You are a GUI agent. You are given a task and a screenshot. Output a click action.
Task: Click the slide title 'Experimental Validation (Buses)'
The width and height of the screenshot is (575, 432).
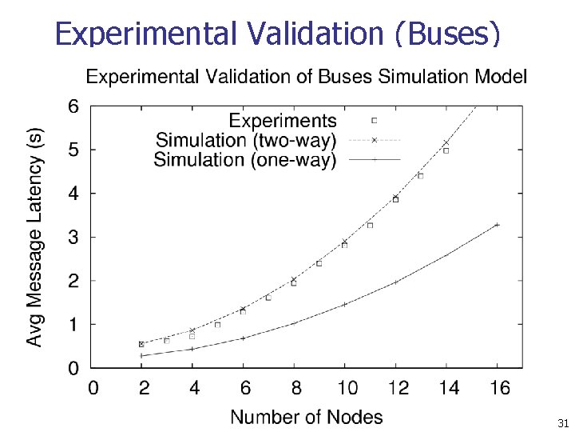tap(278, 34)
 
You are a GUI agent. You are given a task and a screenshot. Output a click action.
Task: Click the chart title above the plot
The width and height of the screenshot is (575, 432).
tap(306, 77)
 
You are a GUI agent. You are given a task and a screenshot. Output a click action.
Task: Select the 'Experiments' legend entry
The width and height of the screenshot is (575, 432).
tap(283, 121)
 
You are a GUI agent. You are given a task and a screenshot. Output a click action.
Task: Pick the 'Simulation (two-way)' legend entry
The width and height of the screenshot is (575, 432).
tap(246, 140)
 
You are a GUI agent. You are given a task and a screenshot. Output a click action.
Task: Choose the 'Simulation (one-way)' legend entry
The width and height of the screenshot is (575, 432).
tap(244, 159)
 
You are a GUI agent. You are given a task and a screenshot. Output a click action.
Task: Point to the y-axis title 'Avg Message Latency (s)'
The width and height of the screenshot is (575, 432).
tap(36, 238)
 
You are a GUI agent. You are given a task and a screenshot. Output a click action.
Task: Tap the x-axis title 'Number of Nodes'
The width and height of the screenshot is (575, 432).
tap(307, 417)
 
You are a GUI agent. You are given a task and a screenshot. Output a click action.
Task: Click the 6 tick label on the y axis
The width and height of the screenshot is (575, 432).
tap(73, 106)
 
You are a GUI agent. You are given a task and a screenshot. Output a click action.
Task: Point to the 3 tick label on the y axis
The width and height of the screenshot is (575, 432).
tap(73, 238)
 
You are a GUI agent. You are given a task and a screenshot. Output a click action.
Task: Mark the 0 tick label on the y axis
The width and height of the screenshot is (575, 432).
tap(73, 369)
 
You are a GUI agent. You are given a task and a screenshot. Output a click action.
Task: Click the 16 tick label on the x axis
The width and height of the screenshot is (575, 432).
tap(500, 389)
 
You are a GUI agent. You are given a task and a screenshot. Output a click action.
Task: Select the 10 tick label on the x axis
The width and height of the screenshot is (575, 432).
tap(347, 389)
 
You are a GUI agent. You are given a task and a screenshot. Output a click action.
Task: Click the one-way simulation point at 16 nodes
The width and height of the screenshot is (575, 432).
tap(498, 225)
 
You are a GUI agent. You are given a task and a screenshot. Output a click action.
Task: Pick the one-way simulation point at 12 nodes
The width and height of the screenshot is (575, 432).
tap(395, 282)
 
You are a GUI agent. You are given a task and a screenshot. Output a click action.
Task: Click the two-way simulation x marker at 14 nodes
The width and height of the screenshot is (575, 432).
tap(446, 143)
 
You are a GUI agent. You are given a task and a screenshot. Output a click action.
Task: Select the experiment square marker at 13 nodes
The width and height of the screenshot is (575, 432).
tap(421, 175)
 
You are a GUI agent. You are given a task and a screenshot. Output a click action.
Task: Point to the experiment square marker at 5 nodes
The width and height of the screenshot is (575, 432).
tap(217, 325)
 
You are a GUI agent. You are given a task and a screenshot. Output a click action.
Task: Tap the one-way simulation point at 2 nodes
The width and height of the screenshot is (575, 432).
tap(141, 356)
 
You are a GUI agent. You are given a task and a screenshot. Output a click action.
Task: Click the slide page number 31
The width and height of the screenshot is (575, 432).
tap(562, 422)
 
